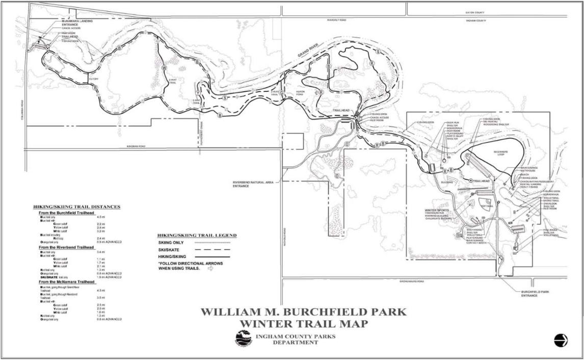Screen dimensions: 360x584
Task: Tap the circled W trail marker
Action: point(164,68)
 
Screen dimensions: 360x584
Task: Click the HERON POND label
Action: point(300,93)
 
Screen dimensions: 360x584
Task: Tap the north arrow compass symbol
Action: point(561,340)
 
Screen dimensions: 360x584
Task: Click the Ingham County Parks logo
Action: point(244,338)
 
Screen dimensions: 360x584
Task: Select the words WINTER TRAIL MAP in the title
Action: point(303,324)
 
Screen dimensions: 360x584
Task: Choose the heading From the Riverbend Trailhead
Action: point(69,247)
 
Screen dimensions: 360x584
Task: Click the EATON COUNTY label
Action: point(474,13)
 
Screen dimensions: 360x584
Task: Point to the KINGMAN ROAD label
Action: point(136,146)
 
